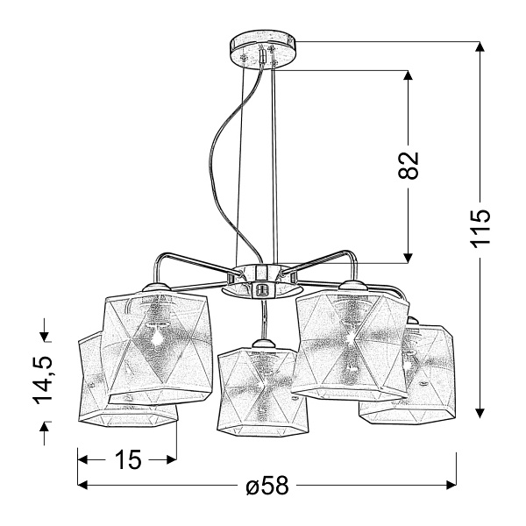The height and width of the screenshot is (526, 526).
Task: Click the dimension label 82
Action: coord(409,166)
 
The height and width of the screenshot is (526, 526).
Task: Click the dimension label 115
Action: coord(480,229)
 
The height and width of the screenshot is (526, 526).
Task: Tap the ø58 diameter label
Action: coord(267,485)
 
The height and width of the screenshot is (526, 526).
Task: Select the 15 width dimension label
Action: coord(129,459)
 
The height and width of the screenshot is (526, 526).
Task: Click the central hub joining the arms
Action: coord(262,281)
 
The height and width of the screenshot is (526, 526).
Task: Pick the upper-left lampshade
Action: coord(157,347)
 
